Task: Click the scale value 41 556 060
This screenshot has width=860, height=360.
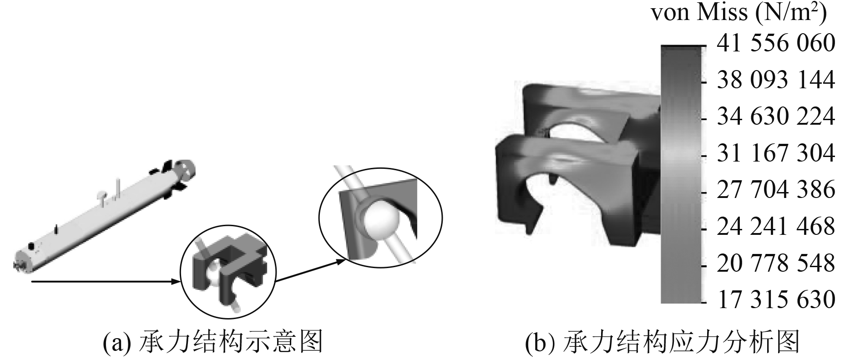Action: (x=776, y=44)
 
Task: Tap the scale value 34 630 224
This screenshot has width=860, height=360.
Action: (x=776, y=117)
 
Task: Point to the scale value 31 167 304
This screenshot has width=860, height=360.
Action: (x=776, y=153)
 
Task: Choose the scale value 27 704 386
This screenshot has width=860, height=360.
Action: (x=776, y=190)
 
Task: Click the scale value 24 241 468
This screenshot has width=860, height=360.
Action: (x=776, y=227)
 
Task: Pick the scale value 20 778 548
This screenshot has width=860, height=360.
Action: (x=776, y=264)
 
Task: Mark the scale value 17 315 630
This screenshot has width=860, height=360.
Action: (x=776, y=300)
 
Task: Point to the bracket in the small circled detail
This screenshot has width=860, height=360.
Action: (x=228, y=269)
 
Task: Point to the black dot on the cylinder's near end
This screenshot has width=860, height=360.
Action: (x=31, y=246)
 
